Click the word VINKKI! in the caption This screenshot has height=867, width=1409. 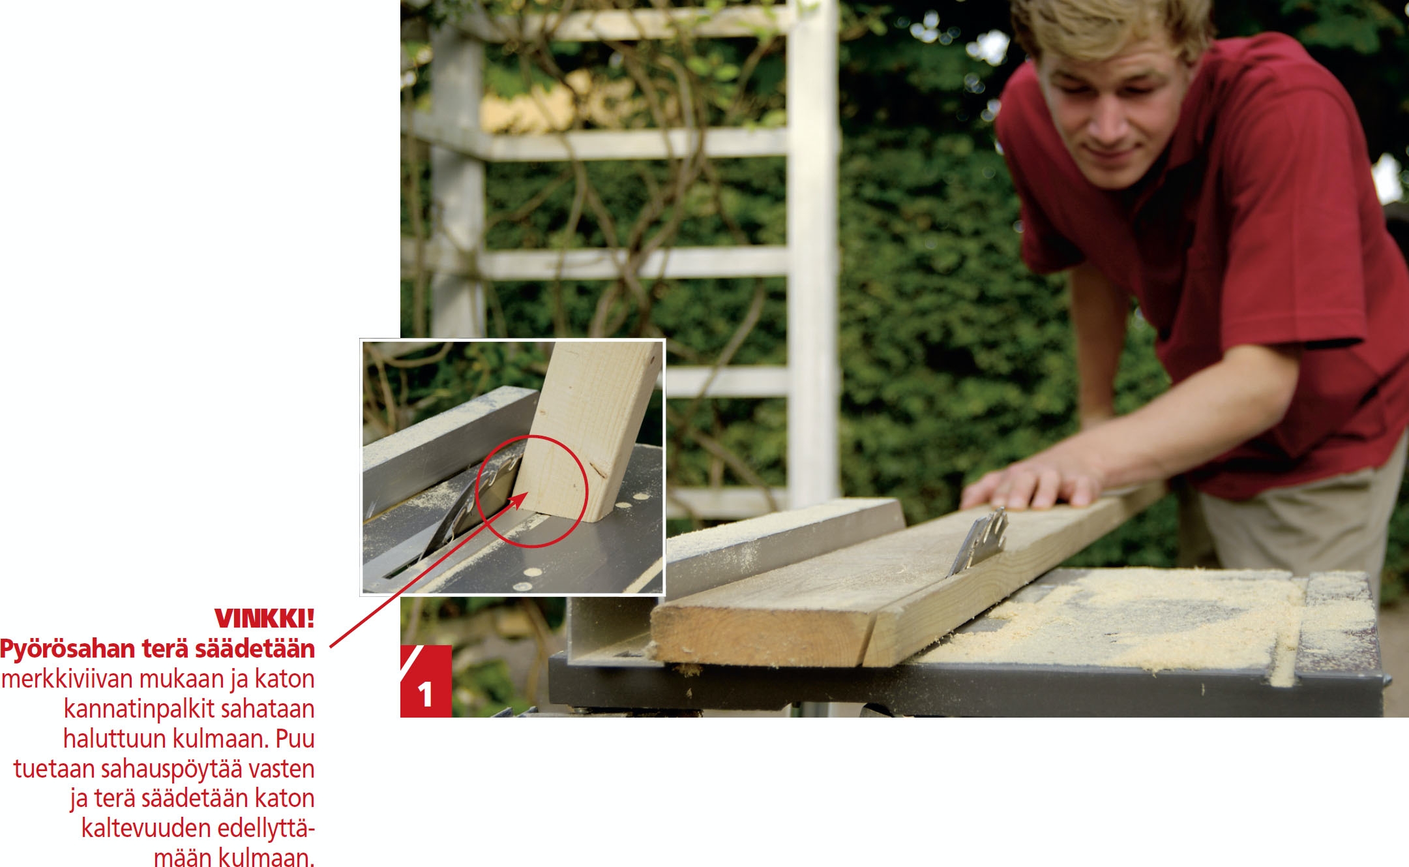coord(264,618)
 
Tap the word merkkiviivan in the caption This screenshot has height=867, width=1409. coord(67,679)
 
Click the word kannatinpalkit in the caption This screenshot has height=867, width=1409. coord(138,709)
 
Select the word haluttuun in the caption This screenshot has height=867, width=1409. coord(114,739)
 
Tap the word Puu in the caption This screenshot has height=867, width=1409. coord(295,739)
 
